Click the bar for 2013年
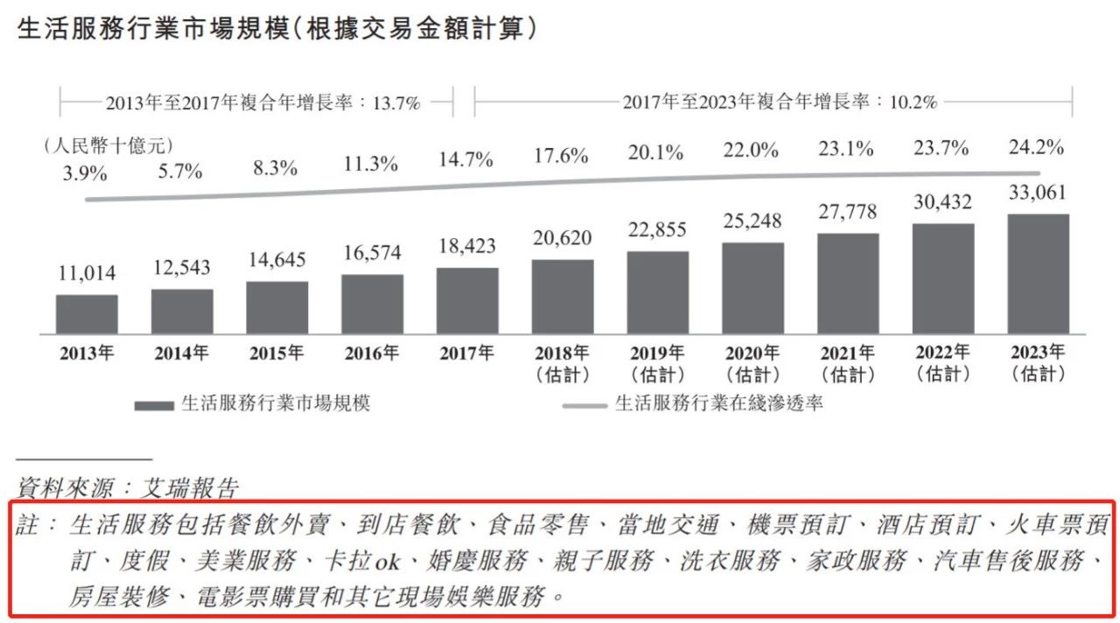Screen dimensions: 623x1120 tap(87, 314)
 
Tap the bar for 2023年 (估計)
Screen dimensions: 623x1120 tap(1039, 274)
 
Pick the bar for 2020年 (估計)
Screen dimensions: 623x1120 tap(752, 288)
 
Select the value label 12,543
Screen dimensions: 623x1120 tap(182, 269)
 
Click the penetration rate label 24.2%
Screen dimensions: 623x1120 tap(1038, 148)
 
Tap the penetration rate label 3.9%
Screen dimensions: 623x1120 tap(85, 173)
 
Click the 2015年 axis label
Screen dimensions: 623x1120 tap(276, 354)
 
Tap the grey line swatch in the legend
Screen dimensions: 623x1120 tap(584, 405)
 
